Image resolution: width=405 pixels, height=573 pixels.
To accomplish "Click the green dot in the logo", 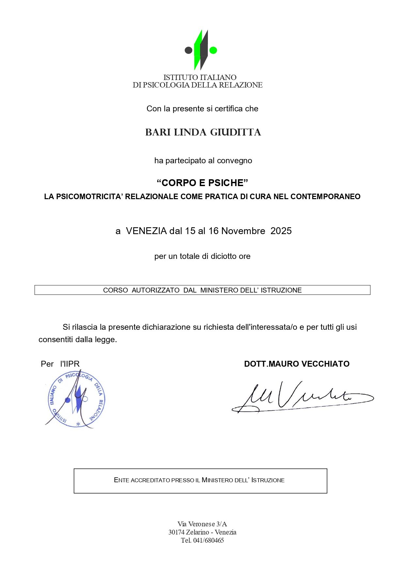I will point(213,50).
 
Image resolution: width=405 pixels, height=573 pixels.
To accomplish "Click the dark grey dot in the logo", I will point(188,50).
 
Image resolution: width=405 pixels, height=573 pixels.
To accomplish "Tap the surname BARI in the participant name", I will point(158,133).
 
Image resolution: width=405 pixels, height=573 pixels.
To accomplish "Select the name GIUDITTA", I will point(235,133).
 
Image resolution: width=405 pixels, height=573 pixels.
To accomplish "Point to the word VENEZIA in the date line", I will point(146,231).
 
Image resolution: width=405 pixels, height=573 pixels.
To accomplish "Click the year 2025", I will point(281,231).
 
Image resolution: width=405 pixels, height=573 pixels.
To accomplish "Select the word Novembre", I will point(243,231).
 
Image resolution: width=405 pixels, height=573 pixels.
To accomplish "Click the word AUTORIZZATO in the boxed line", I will point(156,290).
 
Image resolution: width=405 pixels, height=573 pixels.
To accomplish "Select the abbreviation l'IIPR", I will point(70,364).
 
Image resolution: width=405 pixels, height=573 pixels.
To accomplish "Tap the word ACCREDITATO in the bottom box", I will point(150,480).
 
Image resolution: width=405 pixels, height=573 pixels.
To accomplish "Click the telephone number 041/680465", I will point(209,540).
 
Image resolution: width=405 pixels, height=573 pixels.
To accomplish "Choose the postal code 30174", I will point(177,532).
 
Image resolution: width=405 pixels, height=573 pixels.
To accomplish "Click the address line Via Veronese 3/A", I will point(202,524).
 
